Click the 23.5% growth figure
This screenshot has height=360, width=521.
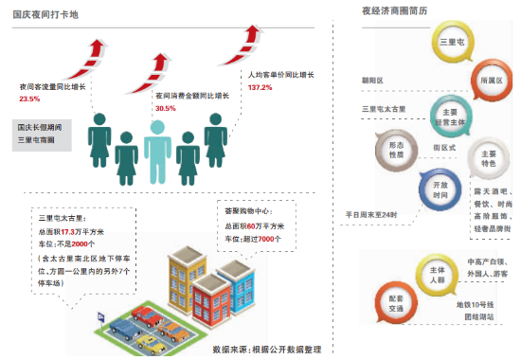29,99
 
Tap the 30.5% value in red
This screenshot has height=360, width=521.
166,109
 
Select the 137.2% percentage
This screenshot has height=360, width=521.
260,87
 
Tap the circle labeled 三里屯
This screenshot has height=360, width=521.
452,45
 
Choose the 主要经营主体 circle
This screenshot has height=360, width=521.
450,112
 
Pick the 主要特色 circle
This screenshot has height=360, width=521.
488,158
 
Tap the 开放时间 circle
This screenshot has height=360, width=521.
440,189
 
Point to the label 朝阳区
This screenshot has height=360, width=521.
372,81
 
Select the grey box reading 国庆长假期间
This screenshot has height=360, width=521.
41,134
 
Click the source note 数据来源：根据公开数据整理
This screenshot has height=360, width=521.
266,349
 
